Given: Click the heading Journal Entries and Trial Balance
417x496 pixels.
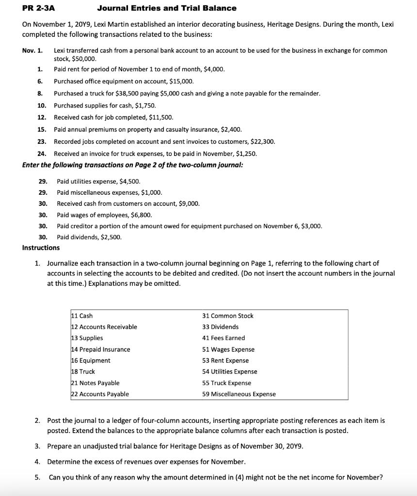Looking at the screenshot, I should click(x=167, y=8).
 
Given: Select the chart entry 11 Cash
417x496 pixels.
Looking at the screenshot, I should click(x=82, y=316).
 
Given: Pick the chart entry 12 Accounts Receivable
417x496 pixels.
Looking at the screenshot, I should click(x=104, y=327).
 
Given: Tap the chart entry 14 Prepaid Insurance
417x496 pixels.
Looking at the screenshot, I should click(x=101, y=349).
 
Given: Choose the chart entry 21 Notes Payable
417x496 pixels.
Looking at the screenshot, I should click(x=96, y=383).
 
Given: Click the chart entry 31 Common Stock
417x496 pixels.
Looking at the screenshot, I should click(x=227, y=316).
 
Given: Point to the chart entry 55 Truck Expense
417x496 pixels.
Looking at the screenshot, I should click(x=226, y=383).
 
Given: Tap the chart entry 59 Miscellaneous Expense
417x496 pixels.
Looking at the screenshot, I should click(x=239, y=394).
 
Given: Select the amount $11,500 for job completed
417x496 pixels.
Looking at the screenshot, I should click(x=160, y=117).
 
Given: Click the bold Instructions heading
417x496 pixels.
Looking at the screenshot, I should click(x=41, y=248).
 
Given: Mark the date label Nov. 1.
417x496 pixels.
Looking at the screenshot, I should click(x=32, y=51).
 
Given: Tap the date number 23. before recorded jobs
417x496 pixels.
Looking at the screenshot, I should click(x=42, y=141).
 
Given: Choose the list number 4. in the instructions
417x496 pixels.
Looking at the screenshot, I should click(x=38, y=461).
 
